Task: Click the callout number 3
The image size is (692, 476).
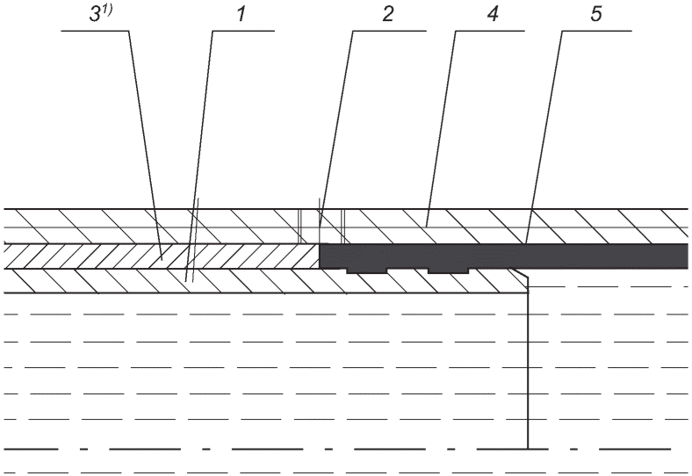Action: tap(95, 14)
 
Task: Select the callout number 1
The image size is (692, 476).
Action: tap(241, 14)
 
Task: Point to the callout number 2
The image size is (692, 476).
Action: tap(387, 14)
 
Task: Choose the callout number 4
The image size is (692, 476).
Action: tap(493, 14)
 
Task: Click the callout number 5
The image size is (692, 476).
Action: tap(595, 14)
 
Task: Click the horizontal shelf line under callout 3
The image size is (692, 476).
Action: tap(95, 31)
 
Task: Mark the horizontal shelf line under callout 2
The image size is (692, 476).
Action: tap(390, 31)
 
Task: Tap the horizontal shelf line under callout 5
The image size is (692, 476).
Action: tap(596, 31)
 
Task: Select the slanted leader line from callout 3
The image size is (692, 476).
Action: tap(145, 145)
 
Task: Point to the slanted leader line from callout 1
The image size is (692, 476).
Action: tap(199, 155)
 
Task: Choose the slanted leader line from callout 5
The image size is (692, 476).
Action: tap(544, 137)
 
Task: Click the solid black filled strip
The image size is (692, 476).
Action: tap(503, 256)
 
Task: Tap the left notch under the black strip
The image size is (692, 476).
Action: tap(366, 270)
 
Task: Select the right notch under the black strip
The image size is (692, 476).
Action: tap(448, 270)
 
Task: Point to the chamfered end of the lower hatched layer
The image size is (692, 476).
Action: tap(520, 274)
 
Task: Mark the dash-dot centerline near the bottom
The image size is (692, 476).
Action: tap(337, 449)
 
